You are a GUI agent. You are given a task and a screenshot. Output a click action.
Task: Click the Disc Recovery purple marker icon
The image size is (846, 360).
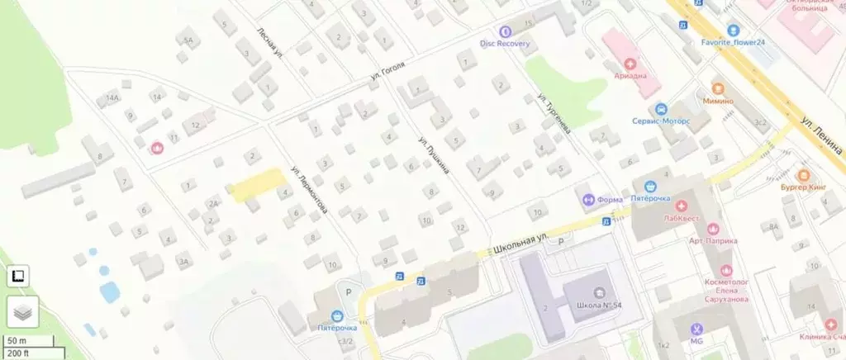click(x=505, y=31)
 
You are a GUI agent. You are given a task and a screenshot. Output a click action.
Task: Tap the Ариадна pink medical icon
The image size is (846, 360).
click(x=630, y=62)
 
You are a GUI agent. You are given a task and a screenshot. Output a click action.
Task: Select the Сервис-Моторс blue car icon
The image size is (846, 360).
click(x=660, y=109)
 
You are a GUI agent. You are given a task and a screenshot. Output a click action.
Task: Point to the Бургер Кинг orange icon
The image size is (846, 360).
click(x=803, y=175)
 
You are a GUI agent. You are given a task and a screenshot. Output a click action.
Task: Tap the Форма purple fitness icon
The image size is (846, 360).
click(x=588, y=199)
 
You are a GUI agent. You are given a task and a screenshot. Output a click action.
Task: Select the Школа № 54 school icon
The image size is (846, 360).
click(x=599, y=291)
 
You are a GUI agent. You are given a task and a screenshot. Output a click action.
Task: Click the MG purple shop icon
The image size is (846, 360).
click(x=696, y=328)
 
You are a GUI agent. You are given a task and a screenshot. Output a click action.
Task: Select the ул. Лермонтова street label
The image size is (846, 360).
click(x=309, y=190)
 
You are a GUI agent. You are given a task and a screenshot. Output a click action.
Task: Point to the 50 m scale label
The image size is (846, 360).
click(x=17, y=340)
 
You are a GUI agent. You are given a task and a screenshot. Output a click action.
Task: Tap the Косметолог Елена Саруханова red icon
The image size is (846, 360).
click(x=726, y=270)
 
